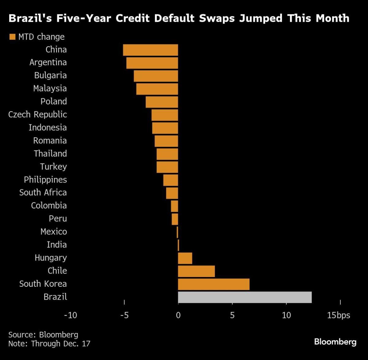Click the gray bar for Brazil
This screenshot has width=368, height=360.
245,297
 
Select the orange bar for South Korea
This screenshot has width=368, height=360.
214,284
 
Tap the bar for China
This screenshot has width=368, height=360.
150,50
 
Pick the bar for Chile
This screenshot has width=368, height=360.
196,271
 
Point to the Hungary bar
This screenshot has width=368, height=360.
185,258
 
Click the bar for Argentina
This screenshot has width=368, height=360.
152,63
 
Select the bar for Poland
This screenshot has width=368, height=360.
162,102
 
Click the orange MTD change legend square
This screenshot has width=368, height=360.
12,37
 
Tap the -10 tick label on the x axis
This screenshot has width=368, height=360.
70,315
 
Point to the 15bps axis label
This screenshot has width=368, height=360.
338,315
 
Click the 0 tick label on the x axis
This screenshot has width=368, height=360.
178,315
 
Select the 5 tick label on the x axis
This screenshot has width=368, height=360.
232,315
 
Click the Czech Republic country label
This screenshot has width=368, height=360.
37,115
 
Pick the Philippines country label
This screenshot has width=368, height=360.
45,180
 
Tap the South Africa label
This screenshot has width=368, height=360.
43,192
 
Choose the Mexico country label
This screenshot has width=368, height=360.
54,232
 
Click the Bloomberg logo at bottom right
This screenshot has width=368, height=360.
335,342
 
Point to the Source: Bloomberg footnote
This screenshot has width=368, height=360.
43,335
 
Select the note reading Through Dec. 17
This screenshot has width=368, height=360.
49,344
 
